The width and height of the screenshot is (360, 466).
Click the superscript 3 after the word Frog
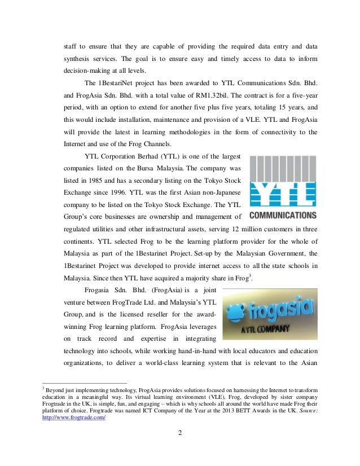(x=250, y=274)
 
